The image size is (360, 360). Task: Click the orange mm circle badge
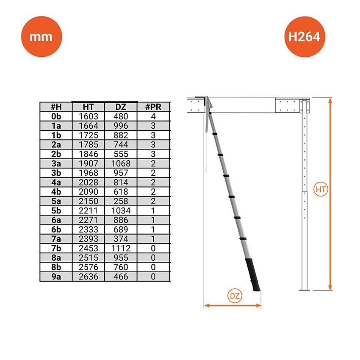(x=42, y=36)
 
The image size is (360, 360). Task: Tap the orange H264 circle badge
(x=305, y=36)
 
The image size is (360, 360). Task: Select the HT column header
(x=89, y=107)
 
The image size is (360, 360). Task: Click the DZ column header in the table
(x=121, y=107)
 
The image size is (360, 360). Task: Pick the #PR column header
(x=153, y=107)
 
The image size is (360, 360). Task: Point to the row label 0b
(x=56, y=116)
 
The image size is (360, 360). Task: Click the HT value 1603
(x=89, y=116)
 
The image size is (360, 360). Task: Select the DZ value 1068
(x=121, y=163)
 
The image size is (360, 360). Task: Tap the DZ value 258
(x=121, y=201)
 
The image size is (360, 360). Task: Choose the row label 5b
(x=56, y=210)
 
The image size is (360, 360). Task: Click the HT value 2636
(x=89, y=277)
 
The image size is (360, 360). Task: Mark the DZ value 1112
(x=121, y=248)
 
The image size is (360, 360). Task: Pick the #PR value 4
(x=153, y=116)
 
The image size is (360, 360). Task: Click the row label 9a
(x=56, y=277)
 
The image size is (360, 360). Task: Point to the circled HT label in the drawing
(x=321, y=189)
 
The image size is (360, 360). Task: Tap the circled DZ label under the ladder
(x=235, y=296)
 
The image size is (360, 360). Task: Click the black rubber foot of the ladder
(x=253, y=275)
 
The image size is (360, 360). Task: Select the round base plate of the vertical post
(x=305, y=290)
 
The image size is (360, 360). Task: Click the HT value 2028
(x=89, y=182)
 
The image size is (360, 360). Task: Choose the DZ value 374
(x=121, y=239)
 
